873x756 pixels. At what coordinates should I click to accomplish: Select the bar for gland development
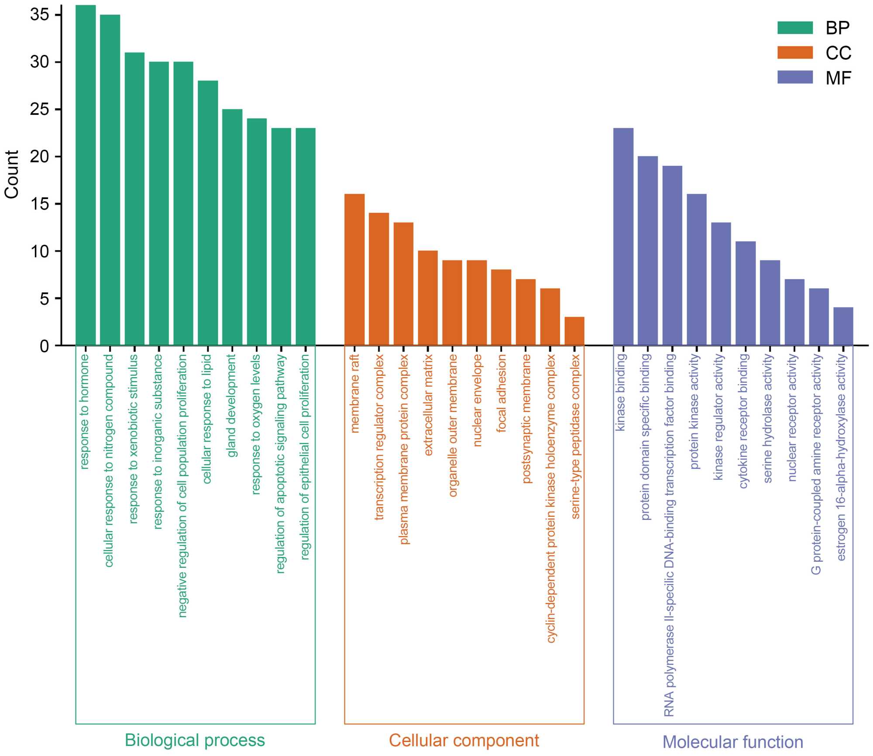(232, 227)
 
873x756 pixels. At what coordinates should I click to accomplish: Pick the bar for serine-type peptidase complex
(574, 331)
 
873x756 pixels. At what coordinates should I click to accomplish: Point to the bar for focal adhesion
(501, 308)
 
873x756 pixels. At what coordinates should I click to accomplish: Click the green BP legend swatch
(795, 28)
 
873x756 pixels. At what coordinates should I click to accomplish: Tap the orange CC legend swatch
(795, 53)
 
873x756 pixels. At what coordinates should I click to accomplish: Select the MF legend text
(839, 78)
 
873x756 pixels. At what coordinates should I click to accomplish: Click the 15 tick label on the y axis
(40, 204)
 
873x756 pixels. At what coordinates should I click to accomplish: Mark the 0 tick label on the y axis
(45, 346)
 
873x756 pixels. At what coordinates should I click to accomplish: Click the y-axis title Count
(12, 175)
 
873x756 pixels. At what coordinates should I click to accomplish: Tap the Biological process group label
(195, 740)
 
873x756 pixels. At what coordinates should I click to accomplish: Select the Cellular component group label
(464, 740)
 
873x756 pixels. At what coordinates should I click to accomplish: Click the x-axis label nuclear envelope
(477, 400)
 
